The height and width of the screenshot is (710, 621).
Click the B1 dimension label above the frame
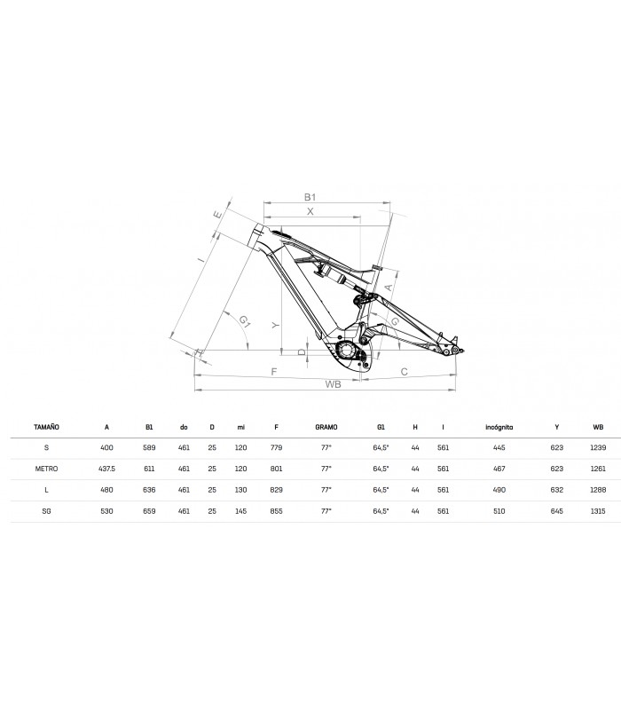310,197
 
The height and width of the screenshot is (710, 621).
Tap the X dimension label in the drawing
310,211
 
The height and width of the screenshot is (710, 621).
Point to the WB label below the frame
334,384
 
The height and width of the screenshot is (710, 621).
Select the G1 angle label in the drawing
245,321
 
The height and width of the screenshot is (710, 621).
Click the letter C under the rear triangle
405,372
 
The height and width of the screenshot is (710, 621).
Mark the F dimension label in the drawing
274,372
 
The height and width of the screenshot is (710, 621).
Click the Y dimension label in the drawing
276,326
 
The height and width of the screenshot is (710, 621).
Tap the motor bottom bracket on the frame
348,350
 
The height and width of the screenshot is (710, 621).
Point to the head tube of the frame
258,235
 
